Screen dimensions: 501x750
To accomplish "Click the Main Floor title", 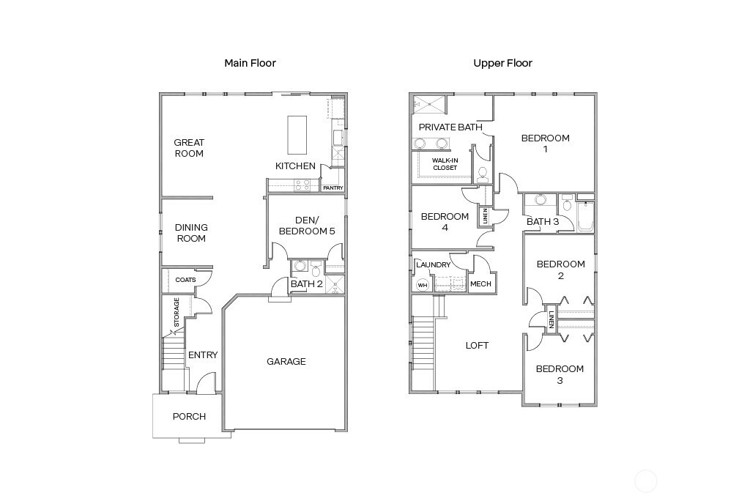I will [x=250, y=63].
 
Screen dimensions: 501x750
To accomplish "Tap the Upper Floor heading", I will [x=502, y=63].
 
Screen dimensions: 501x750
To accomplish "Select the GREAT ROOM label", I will [x=189, y=148].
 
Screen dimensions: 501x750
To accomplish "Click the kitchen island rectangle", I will [x=297, y=133].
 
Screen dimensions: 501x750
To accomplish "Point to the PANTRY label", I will [x=333, y=188].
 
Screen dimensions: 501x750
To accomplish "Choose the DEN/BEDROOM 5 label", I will [x=305, y=225].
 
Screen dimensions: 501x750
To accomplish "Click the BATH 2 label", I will [x=306, y=283].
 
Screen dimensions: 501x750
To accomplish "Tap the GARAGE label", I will [x=286, y=361].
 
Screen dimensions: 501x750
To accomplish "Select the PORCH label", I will [x=189, y=416].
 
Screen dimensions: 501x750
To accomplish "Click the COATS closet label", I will [x=185, y=280].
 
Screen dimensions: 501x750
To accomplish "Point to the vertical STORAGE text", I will [x=177, y=312].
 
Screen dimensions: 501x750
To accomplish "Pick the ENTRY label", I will [x=203, y=355].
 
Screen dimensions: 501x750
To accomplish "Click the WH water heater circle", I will [x=423, y=285].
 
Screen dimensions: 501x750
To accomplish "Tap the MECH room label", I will [x=480, y=284].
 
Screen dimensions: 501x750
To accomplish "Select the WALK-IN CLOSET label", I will [x=445, y=164].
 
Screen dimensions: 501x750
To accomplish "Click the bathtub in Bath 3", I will [x=585, y=217].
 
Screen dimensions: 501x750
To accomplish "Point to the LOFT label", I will [x=477, y=345].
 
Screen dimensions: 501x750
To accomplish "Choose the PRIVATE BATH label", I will [x=450, y=127].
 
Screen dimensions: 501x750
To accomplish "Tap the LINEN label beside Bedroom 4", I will [x=484, y=216].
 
